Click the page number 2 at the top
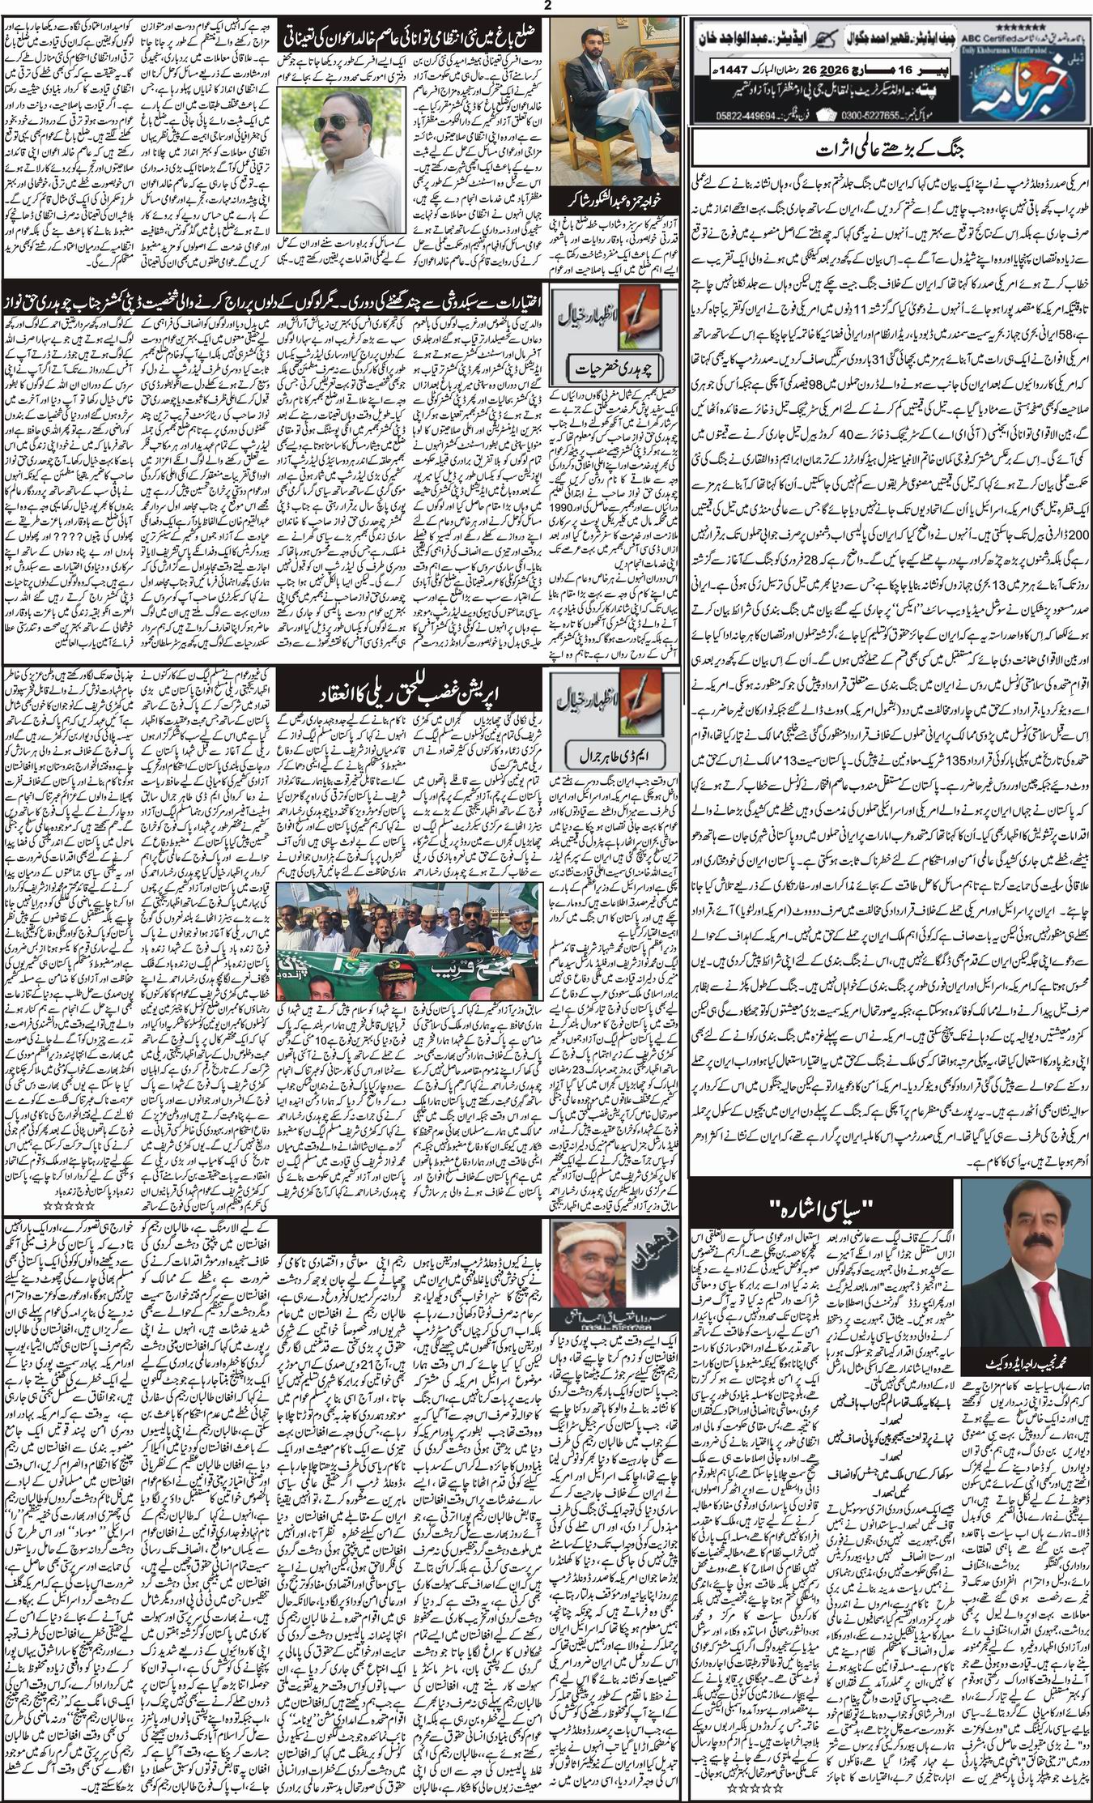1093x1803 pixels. click(546, 7)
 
